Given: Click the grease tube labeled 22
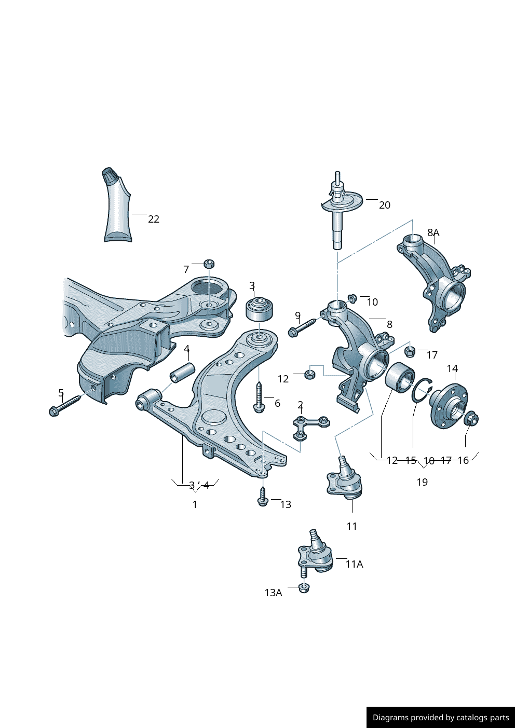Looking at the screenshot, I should [117, 208].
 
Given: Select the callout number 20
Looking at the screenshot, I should [384, 205].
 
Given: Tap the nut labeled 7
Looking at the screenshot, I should [209, 263].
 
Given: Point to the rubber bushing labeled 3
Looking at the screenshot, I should [259, 309].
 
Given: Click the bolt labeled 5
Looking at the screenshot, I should [64, 405].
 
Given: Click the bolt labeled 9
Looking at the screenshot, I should [302, 327].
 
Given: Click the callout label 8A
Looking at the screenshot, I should [433, 232].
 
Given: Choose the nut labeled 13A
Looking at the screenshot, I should [304, 588].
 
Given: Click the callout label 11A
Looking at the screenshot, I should [354, 564].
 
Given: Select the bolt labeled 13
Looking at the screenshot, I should [263, 497].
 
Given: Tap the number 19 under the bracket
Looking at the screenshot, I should [422, 482].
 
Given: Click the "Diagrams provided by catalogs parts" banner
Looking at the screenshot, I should [440, 717].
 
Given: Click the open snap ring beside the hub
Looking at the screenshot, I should [422, 390].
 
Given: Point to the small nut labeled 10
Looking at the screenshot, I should [351, 298].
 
